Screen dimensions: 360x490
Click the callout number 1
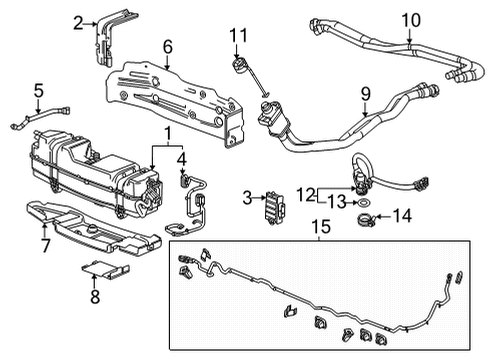coord(167,132)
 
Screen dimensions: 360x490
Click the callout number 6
coord(167,46)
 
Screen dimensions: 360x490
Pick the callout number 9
coord(366,95)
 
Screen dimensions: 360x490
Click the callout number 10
coord(411,20)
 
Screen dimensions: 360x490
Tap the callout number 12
coord(305,193)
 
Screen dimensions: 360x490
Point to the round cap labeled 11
coord(238,67)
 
